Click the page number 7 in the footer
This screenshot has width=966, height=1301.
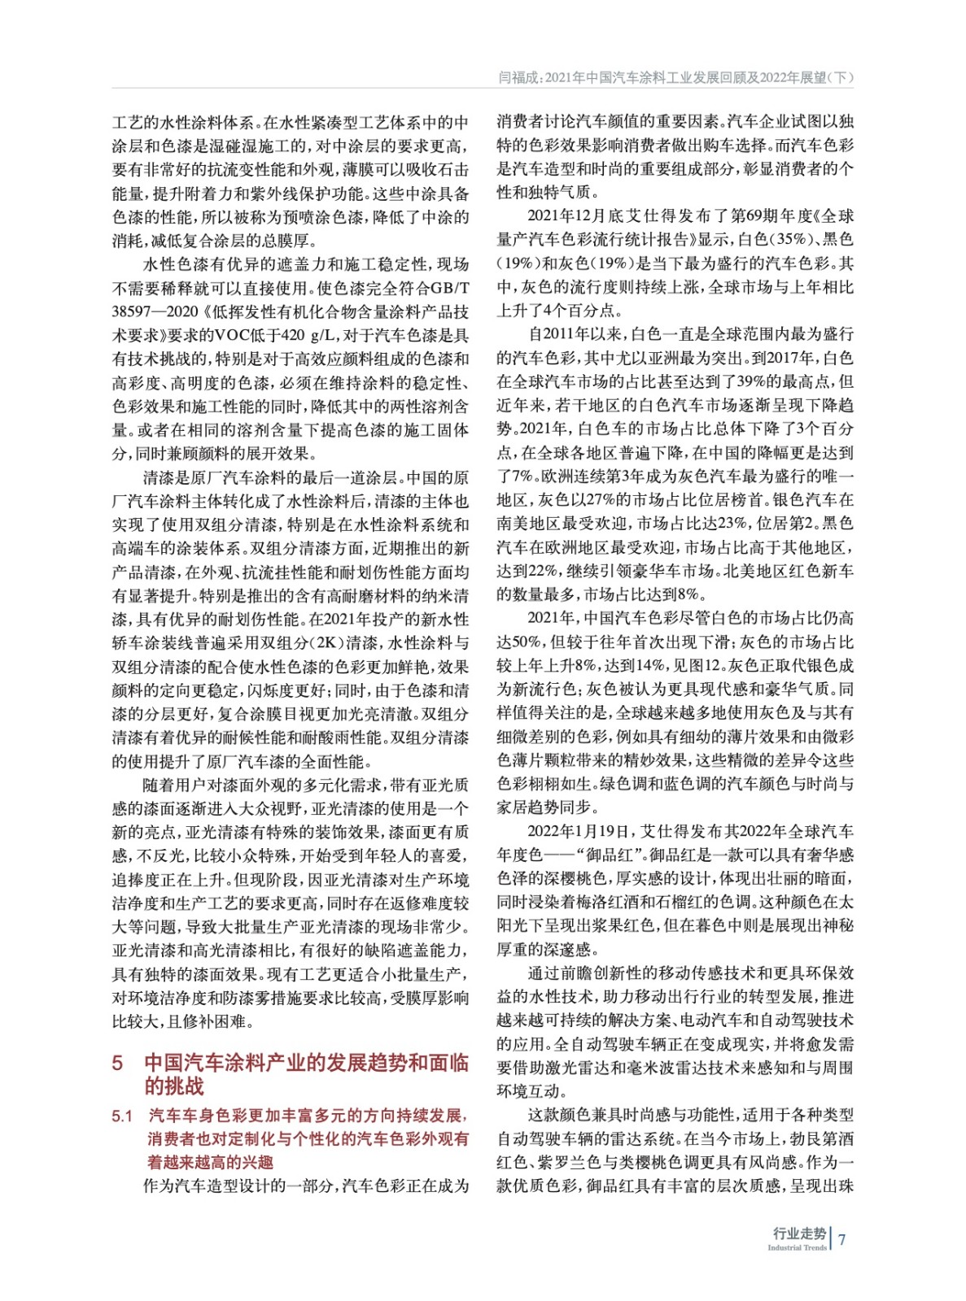tap(842, 1238)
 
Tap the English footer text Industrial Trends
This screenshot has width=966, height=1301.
tap(797, 1247)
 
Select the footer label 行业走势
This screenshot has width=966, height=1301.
tap(799, 1233)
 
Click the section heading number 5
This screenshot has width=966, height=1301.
tap(118, 1063)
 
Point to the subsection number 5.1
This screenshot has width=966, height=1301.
tap(122, 1116)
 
